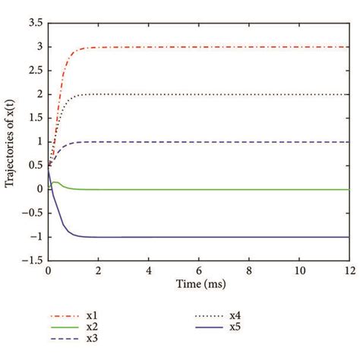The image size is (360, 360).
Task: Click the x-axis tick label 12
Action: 348,270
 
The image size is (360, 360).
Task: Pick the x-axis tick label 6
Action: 198,270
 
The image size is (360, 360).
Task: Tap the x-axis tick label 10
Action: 298,270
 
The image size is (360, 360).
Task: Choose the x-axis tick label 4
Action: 148,270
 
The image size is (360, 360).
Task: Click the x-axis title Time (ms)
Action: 198,283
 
